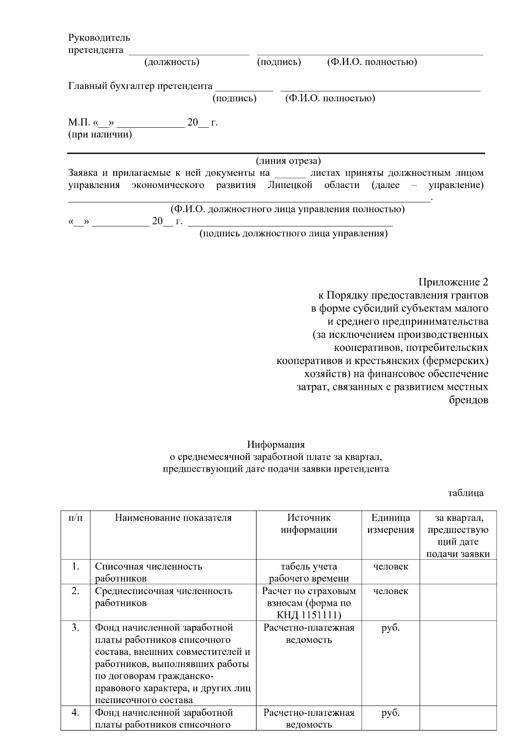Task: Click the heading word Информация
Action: tap(276, 444)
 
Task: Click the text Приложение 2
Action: tap(453, 282)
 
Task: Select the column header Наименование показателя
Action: tap(173, 518)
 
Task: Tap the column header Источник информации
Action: tap(309, 523)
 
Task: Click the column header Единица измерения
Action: tap(390, 523)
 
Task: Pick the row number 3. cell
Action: tap(75, 628)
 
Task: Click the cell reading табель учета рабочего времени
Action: tap(309, 572)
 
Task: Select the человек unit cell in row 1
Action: tap(390, 566)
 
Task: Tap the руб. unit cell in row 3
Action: tap(390, 628)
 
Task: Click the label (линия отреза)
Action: tap(288, 161)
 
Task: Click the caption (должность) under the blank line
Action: tap(172, 62)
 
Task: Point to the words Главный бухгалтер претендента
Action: tap(140, 86)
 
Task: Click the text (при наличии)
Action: tap(100, 134)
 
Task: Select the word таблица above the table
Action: tap(465, 493)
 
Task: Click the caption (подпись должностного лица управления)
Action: tap(293, 234)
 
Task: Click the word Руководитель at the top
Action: tap(99, 38)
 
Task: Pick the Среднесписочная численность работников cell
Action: tap(163, 597)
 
